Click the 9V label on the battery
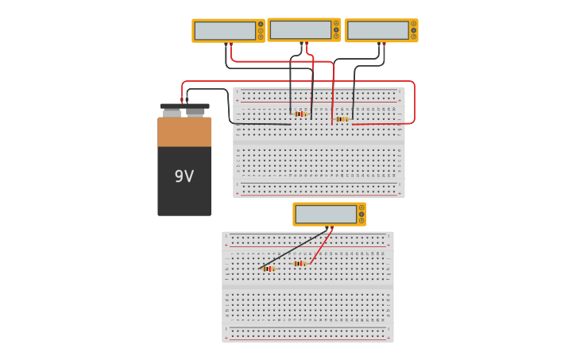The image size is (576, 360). [184, 176]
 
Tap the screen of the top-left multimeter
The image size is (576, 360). [225, 31]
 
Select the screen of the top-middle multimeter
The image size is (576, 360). [300, 30]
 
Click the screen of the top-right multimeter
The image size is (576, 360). [377, 31]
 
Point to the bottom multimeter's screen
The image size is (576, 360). [326, 215]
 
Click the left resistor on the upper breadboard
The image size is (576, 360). [300, 114]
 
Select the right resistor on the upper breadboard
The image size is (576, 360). [341, 119]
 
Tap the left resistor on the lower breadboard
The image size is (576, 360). [268, 269]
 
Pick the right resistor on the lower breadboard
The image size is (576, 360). [299, 264]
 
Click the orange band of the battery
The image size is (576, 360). [184, 132]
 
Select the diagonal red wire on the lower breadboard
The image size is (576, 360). [321, 247]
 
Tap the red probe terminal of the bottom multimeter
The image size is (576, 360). [332, 228]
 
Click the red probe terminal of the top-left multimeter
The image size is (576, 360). [231, 45]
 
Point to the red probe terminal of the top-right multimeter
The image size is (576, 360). [384, 45]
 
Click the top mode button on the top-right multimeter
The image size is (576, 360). [413, 24]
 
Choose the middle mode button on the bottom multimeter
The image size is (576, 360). [361, 215]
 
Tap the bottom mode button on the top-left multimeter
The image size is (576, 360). [261, 37]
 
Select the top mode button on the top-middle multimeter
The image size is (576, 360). [336, 23]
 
